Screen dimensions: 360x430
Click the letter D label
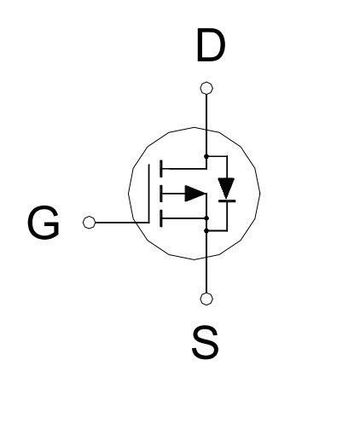(211, 45)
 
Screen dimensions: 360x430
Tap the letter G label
(44, 223)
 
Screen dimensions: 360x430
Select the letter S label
(206, 342)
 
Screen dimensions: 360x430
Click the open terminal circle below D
(206, 88)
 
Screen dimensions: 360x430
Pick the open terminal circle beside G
(90, 222)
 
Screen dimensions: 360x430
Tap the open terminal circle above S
(206, 299)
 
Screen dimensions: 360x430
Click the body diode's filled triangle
(226, 188)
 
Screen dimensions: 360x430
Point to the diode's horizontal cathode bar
(227, 200)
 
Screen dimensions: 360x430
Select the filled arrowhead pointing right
(195, 194)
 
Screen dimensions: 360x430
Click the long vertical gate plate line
(148, 194)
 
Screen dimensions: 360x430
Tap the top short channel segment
(161, 169)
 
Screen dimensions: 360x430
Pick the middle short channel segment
(161, 194)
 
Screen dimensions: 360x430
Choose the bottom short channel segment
(161, 218)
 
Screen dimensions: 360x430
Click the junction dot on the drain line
(206, 156)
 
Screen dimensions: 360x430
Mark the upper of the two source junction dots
(206, 218)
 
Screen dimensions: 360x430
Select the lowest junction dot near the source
(206, 230)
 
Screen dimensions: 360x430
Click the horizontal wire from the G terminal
(122, 223)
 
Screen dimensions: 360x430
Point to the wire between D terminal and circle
(206, 112)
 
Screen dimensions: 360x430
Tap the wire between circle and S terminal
(206, 276)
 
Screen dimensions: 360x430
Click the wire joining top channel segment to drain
(184, 169)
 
